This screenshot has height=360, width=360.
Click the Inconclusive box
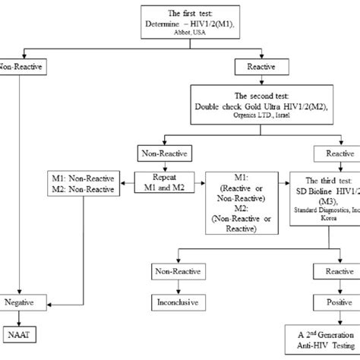click(176, 301)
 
